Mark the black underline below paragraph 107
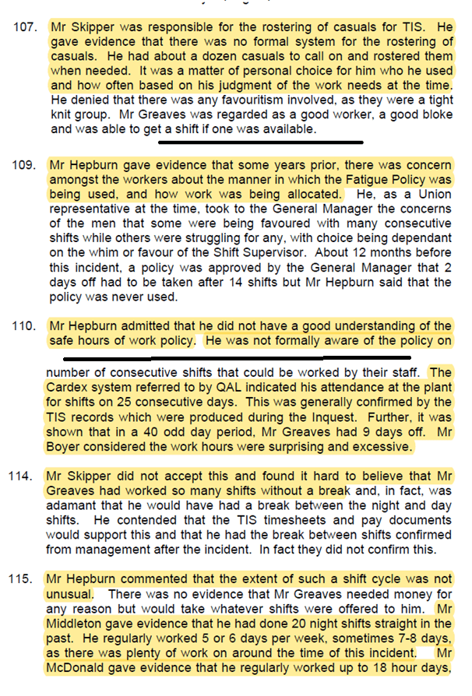click(261, 142)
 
